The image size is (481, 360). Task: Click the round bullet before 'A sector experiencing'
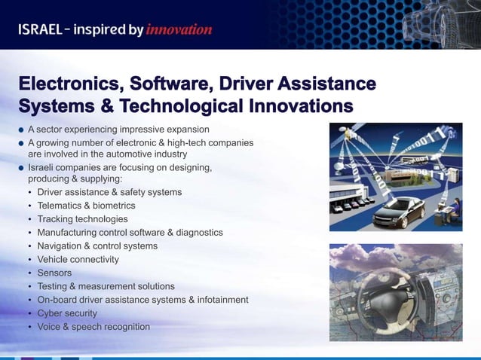tap(22, 129)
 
